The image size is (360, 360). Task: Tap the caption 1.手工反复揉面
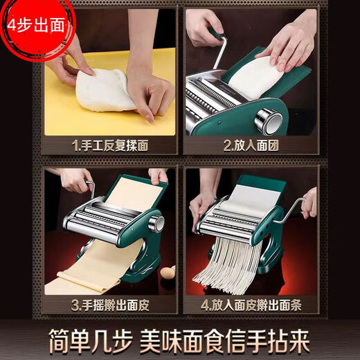point(111,146)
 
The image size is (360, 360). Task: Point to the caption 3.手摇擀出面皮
point(111,305)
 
